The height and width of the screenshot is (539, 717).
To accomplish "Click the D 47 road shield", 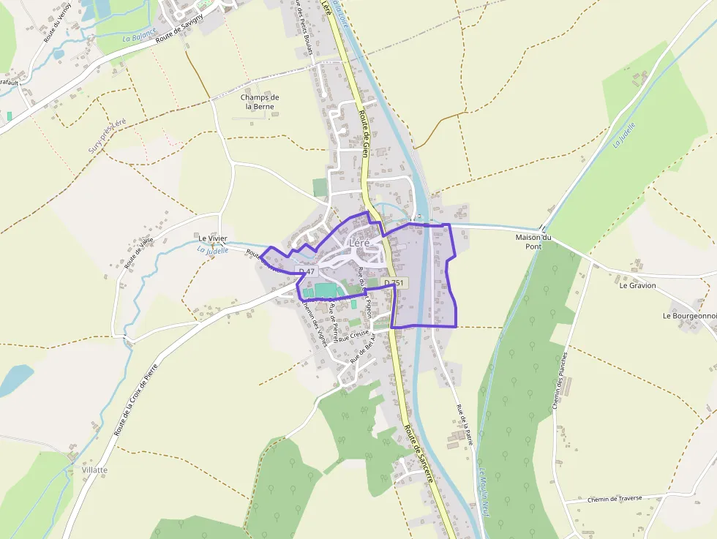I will [x=307, y=271].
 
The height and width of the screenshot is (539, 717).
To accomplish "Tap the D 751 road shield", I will [x=394, y=283].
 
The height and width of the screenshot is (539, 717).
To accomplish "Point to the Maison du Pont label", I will [x=533, y=242].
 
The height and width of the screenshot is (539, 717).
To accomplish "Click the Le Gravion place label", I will [x=637, y=285].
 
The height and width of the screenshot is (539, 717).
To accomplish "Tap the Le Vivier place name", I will [x=213, y=238].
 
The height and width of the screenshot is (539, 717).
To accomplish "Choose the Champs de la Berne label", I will [x=260, y=102].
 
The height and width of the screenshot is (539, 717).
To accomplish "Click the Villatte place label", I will [x=95, y=470].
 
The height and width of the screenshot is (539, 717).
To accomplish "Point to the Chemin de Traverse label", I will [x=614, y=500].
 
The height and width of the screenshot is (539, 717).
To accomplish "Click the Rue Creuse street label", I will [x=354, y=333].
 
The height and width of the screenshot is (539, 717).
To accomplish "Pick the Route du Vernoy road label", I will [x=56, y=25].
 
